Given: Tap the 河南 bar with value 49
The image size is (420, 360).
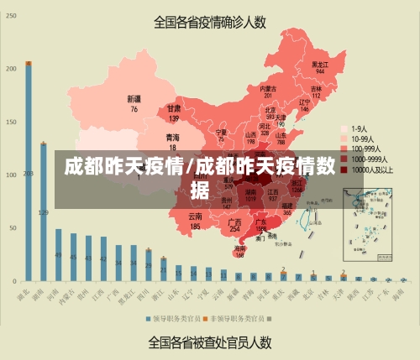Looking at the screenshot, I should point(58,254).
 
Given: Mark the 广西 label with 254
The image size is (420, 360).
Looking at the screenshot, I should point(235,224).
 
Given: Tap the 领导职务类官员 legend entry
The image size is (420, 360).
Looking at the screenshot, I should point(171,319).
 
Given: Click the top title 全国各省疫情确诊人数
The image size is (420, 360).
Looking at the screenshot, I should point(210,23).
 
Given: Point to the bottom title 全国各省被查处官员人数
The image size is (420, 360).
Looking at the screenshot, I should point(210,342).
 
